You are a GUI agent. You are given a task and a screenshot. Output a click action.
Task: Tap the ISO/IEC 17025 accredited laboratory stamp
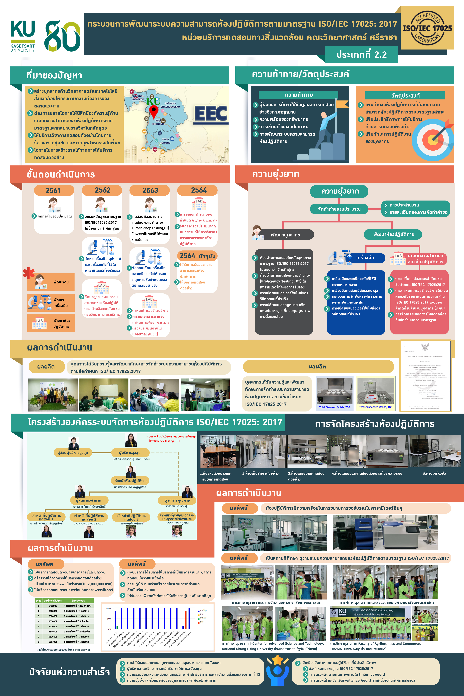[427, 28]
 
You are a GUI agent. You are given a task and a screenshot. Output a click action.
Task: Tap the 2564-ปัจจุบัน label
[197, 256]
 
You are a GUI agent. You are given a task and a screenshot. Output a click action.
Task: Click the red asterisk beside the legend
[29, 273]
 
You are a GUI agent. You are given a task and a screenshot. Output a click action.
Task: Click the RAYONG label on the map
[165, 143]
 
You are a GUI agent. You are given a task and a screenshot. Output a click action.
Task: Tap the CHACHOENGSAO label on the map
[170, 107]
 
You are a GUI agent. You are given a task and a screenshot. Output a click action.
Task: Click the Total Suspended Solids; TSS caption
[375, 407]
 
